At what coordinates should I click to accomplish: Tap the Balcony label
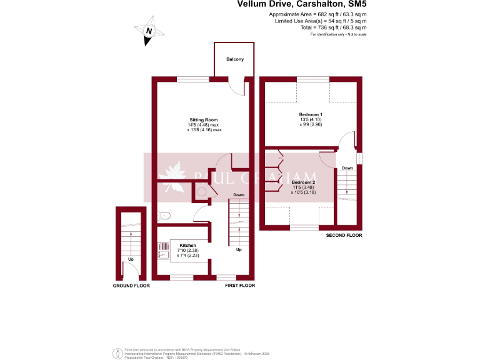235,59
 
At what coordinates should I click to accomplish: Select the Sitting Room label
204,119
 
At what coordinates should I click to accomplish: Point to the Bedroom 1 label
310,114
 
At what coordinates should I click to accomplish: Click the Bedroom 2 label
304,182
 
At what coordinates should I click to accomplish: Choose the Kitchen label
187,245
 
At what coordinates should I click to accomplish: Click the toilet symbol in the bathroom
165,216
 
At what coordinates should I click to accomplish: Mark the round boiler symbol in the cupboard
201,193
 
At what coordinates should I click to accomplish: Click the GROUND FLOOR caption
131,286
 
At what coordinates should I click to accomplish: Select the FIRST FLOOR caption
240,286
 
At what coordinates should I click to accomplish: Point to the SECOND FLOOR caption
344,236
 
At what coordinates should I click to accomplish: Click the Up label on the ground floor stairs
131,259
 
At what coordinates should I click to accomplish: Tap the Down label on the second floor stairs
347,168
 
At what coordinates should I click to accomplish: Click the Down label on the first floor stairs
239,195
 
